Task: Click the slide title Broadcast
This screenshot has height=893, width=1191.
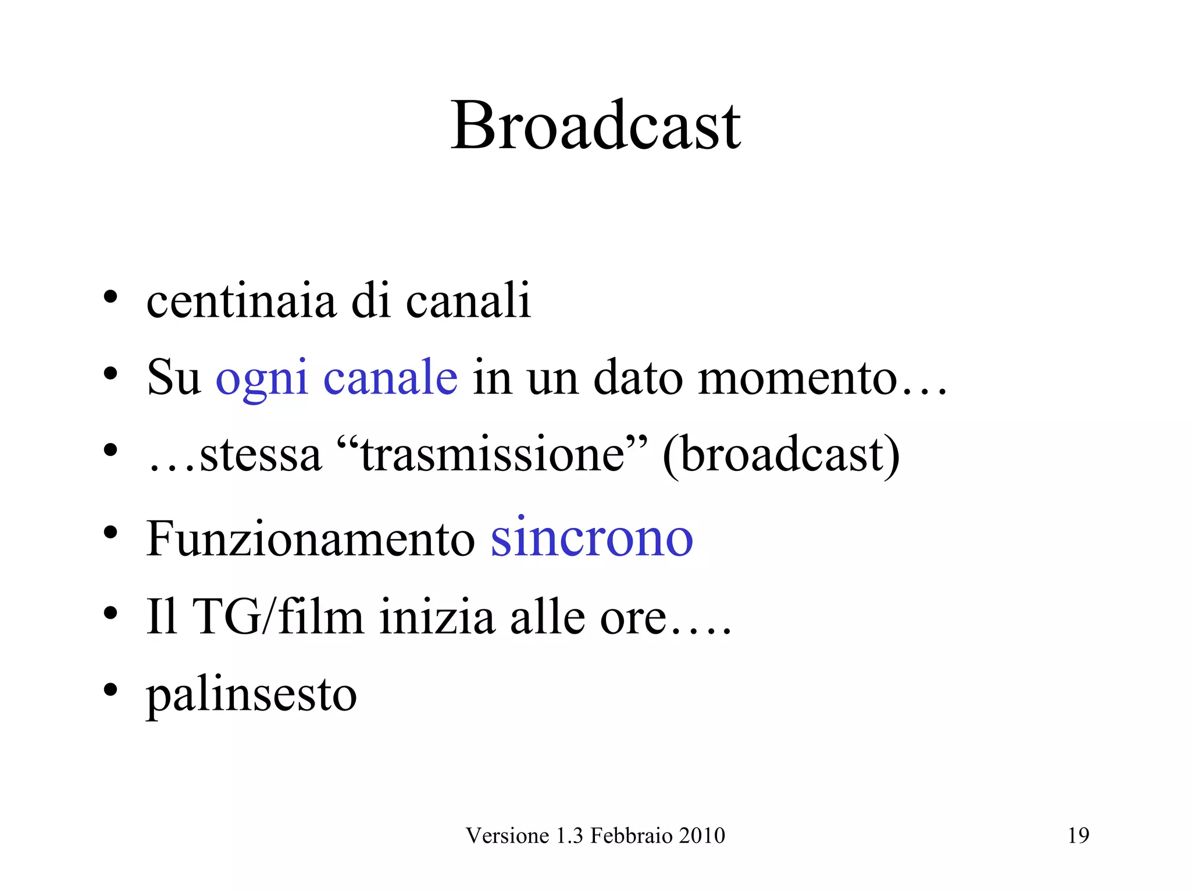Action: [595, 126]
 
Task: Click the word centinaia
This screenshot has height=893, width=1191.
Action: [241, 301]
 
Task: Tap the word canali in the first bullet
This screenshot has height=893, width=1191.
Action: [468, 301]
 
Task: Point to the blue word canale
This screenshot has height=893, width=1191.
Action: [390, 377]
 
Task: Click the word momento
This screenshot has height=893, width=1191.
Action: [798, 378]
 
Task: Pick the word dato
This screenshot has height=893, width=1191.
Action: [638, 377]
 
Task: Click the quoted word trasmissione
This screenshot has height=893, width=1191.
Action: [492, 455]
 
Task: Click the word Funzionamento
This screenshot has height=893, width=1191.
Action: [311, 539]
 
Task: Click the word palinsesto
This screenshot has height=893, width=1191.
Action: [251, 695]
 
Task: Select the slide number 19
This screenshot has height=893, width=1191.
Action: [1078, 835]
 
